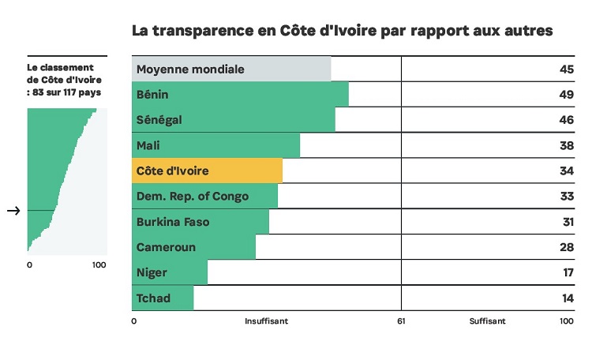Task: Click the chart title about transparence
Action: tap(342, 31)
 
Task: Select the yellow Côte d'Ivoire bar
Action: tap(207, 171)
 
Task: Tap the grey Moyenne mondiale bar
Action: tap(230, 69)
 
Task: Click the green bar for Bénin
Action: tap(240, 95)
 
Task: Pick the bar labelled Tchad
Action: tap(162, 298)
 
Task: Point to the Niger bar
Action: tap(169, 272)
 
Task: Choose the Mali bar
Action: tap(215, 145)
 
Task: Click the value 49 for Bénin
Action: tap(565, 95)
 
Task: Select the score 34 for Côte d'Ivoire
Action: tap(565, 171)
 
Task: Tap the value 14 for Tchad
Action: tap(565, 298)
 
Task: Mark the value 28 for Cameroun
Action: tap(565, 247)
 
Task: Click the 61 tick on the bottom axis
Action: tap(401, 321)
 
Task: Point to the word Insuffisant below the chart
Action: tap(266, 321)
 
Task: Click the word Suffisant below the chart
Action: tap(487, 321)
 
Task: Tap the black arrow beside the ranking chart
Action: tap(13, 211)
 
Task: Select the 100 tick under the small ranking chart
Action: tap(99, 264)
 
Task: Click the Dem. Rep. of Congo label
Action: tap(193, 197)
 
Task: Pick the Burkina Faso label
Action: tap(173, 222)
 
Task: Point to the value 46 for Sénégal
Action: tap(565, 120)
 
